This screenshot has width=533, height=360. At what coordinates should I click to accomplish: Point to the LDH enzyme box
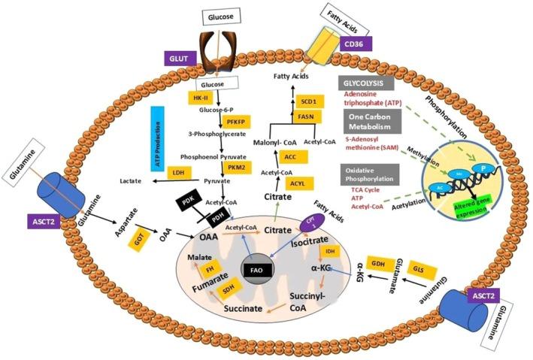click(x=177, y=174)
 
